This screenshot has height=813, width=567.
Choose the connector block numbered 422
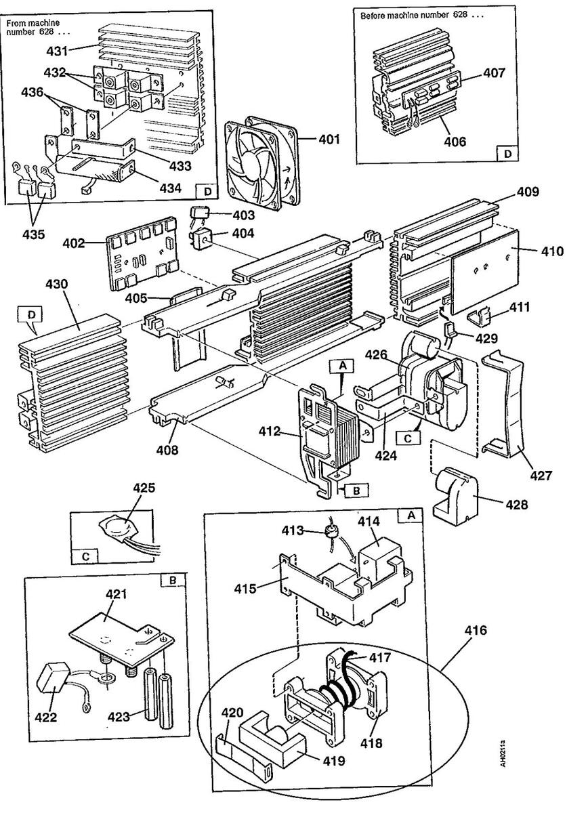[51, 683]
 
